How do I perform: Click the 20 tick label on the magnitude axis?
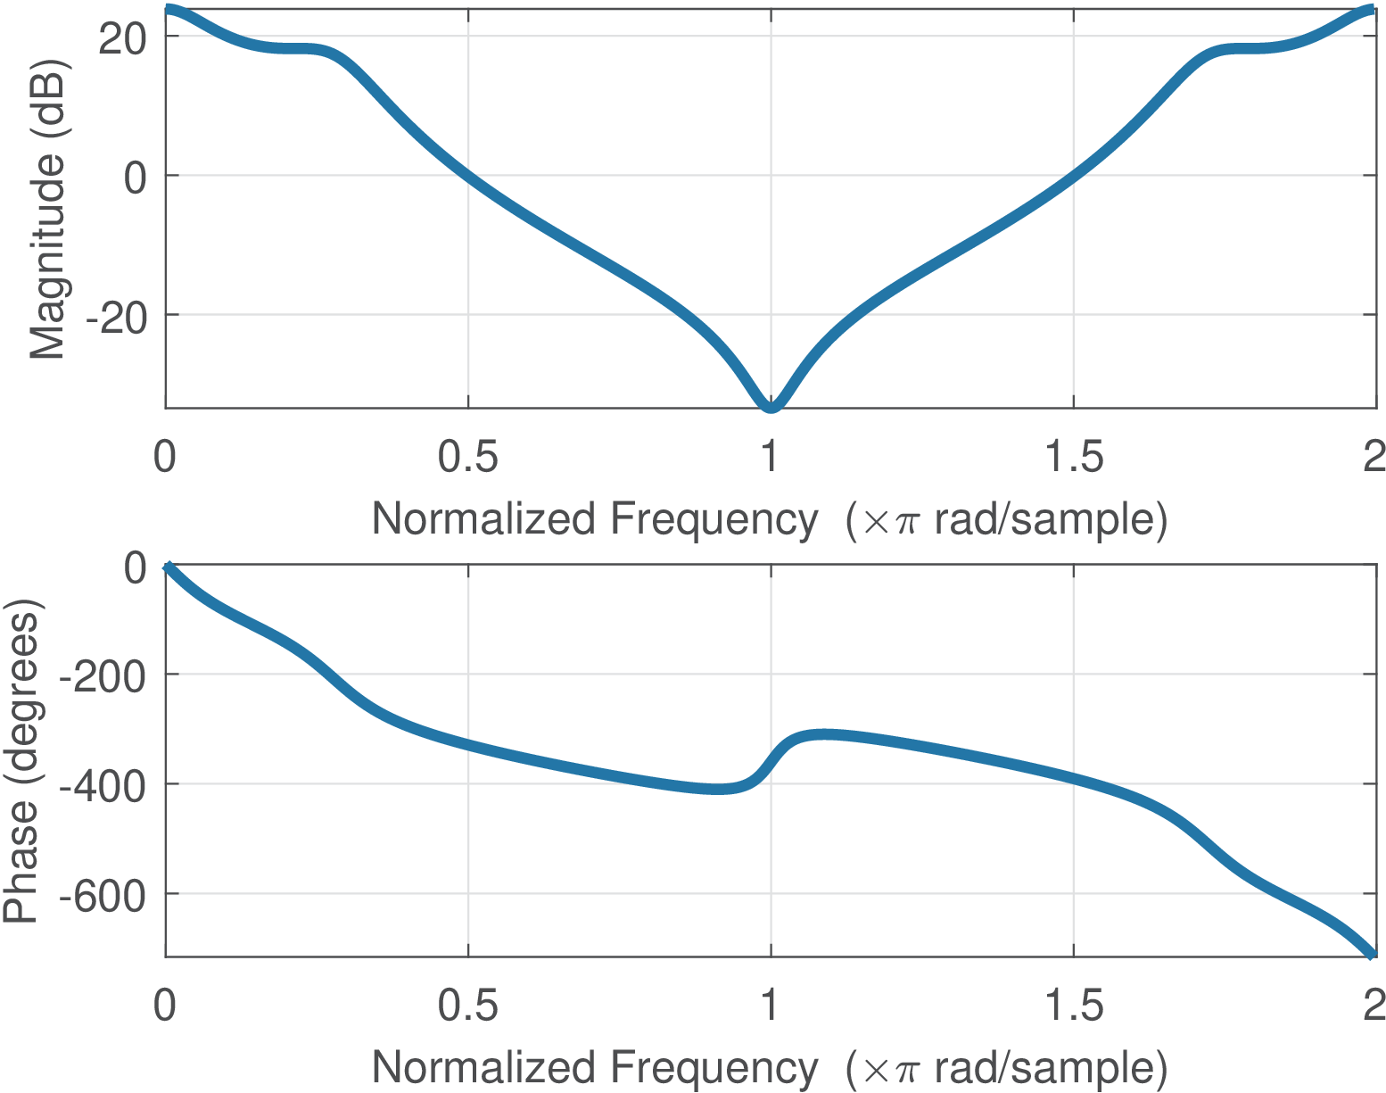[121, 37]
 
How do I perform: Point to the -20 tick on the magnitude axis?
[115, 317]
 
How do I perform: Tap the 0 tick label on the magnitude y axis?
[136, 178]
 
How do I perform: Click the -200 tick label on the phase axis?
[102, 676]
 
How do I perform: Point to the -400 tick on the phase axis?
[102, 785]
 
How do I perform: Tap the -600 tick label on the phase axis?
[102, 895]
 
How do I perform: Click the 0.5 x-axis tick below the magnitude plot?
[468, 458]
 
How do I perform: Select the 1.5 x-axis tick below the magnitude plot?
[1073, 458]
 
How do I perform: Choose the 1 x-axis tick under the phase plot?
[770, 1006]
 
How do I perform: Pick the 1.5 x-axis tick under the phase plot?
[1073, 1006]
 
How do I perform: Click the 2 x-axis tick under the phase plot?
[1374, 1006]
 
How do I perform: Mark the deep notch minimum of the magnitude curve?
[771, 407]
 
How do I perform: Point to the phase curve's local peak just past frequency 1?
[825, 734]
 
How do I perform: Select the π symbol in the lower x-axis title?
[906, 1070]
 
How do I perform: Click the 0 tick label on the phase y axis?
[136, 567]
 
